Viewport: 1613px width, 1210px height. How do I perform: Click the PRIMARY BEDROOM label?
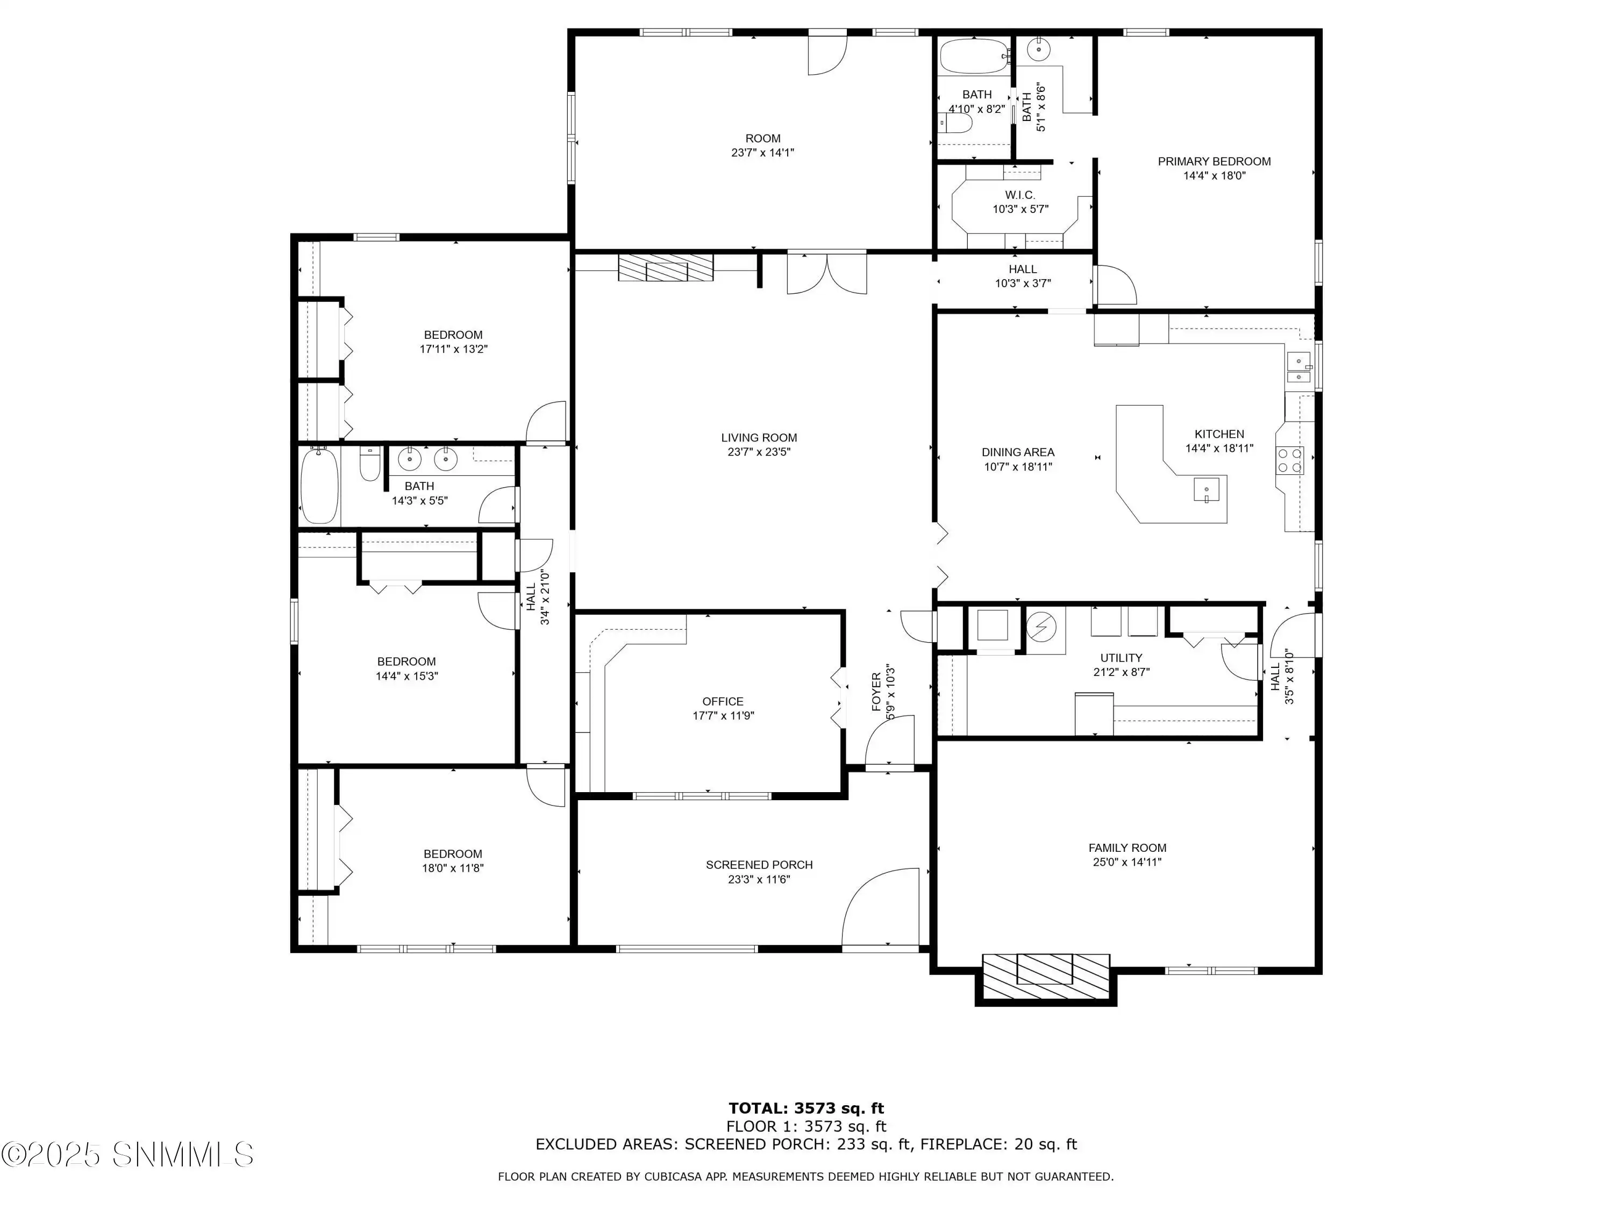(1214, 161)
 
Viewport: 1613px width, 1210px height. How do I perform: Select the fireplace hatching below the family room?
(1045, 977)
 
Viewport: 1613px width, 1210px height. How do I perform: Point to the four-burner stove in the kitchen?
(1289, 460)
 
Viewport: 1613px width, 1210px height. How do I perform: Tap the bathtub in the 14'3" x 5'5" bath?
(319, 486)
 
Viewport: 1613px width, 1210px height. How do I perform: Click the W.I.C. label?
(1019, 195)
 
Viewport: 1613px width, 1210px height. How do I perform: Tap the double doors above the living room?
(826, 273)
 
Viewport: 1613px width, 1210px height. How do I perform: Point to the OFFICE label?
(723, 701)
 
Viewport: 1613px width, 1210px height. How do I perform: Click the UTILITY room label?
(1121, 658)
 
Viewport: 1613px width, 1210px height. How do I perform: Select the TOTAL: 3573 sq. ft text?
(806, 1108)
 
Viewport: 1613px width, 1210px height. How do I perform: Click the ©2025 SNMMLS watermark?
(127, 1155)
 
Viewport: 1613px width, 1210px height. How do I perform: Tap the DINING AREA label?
(1017, 452)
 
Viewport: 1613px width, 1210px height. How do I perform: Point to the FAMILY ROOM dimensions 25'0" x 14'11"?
(1126, 862)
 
